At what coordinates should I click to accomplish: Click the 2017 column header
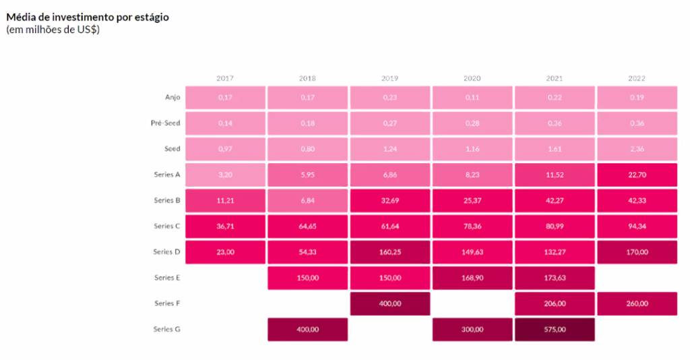225,78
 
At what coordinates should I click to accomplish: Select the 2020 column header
472,78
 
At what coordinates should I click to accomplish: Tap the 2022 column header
636,78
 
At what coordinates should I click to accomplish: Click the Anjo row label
172,97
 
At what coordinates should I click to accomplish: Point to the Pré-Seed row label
165,123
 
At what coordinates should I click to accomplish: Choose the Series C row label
166,226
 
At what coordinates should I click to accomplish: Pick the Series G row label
166,329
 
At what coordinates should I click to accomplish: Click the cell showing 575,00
554,330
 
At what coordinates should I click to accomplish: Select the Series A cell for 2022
636,175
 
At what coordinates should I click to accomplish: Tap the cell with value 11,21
225,200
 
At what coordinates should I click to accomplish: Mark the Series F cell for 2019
389,303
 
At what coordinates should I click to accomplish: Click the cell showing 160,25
389,252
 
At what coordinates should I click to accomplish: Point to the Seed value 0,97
225,149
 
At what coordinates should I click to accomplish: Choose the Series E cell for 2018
307,278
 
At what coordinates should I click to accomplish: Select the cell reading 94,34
636,226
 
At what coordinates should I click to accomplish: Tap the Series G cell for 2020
472,330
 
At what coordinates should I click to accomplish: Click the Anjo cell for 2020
472,97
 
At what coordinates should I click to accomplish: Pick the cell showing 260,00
636,303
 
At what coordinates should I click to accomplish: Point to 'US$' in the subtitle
87,30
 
